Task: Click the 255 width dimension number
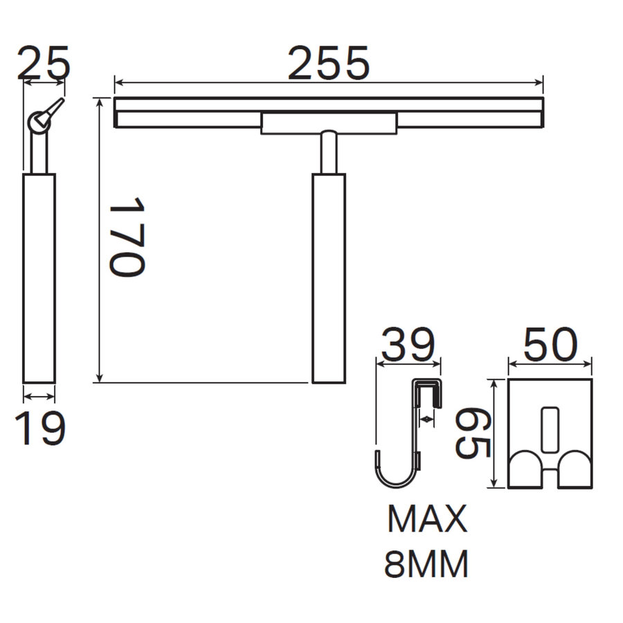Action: pyautogui.click(x=329, y=64)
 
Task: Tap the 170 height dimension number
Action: pyautogui.click(x=127, y=237)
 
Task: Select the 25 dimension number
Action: pyautogui.click(x=44, y=63)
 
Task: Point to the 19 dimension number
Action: pyautogui.click(x=39, y=428)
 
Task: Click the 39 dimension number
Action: pyautogui.click(x=408, y=344)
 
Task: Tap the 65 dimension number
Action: pyautogui.click(x=473, y=433)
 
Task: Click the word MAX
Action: pyautogui.click(x=427, y=519)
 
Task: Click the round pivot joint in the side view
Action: pyautogui.click(x=39, y=123)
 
